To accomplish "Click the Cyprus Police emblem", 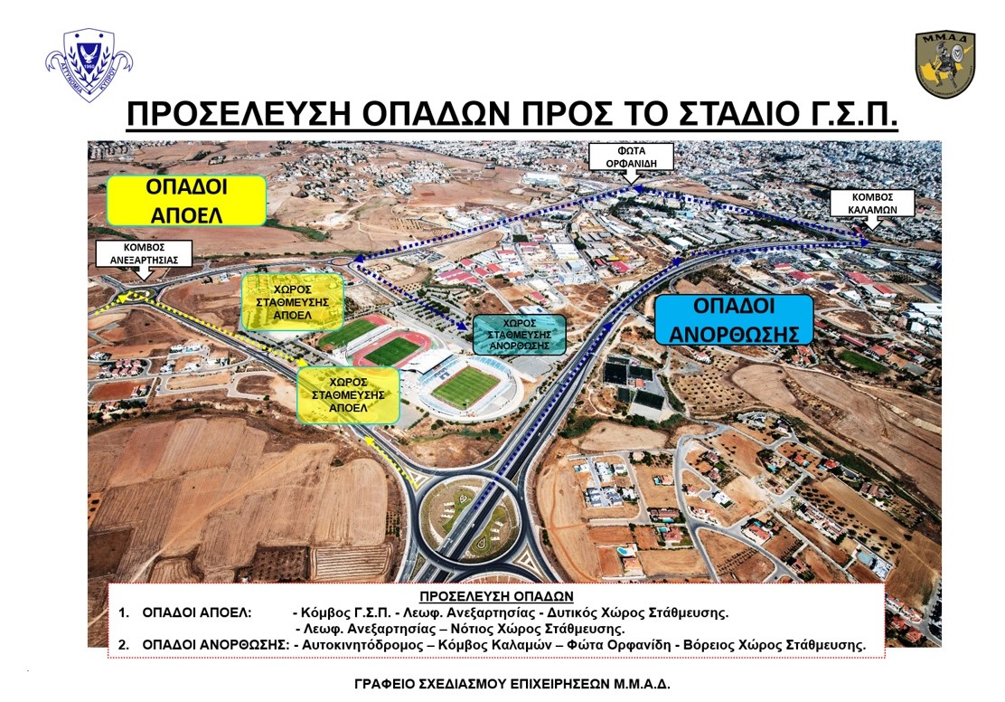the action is point(89,63).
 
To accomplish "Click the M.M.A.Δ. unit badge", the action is point(944,63).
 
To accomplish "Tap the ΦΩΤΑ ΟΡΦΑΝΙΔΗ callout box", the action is point(632,157).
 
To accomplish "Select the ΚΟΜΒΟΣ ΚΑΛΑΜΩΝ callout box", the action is point(872,203).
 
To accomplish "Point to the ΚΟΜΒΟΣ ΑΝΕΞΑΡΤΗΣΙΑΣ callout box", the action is point(144,253).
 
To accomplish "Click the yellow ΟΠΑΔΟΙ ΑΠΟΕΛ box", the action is point(186,201).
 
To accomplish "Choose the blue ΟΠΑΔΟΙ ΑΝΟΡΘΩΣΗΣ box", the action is point(734,319).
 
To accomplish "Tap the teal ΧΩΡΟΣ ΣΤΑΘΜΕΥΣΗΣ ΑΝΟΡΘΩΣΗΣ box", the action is point(520,335).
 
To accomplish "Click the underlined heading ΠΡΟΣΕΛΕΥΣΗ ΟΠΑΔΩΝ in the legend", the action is point(496,596).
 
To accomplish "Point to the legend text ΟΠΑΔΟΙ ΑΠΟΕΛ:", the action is point(197,612).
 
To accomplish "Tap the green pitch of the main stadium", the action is point(465,386).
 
